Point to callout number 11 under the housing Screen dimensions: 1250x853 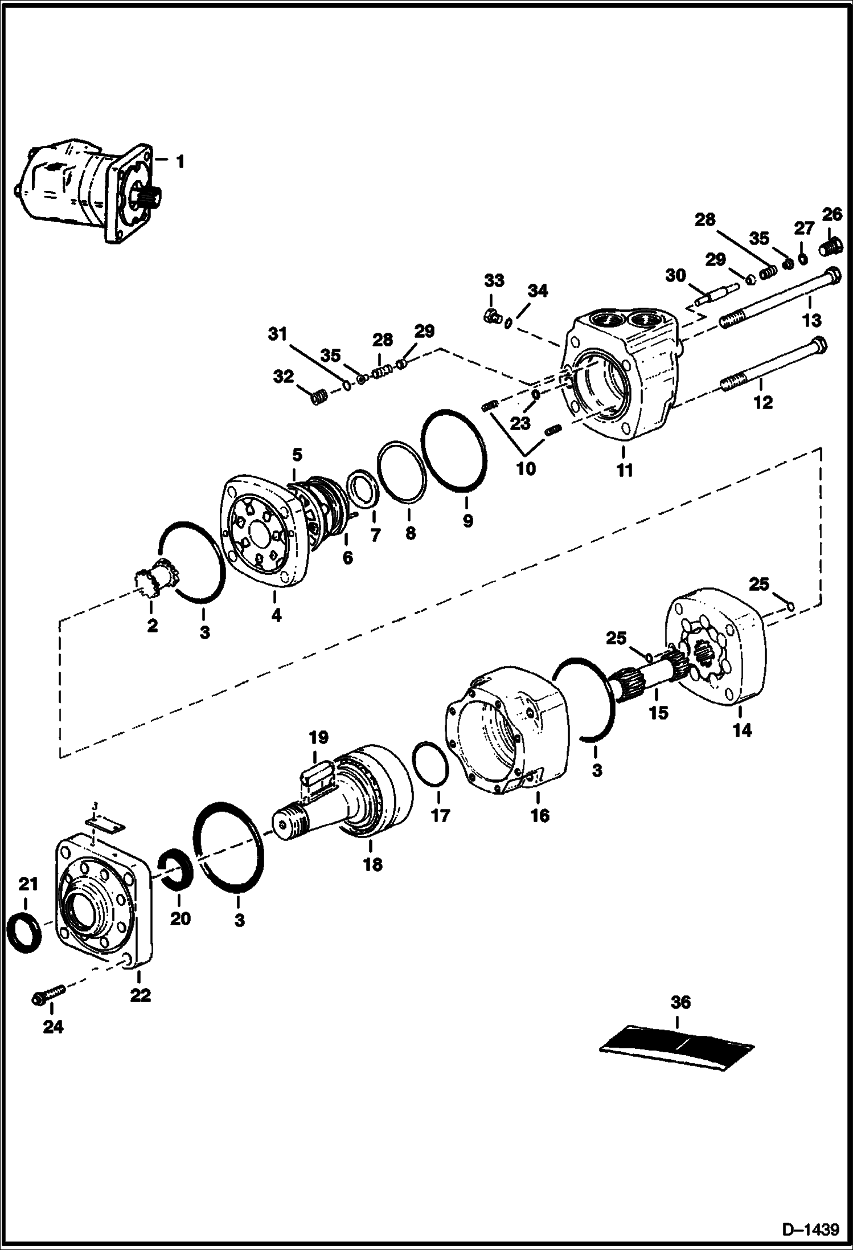tap(625, 471)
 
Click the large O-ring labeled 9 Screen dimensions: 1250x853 tap(454, 450)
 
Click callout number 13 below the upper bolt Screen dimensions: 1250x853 tap(811, 320)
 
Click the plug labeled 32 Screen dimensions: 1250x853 tap(319, 396)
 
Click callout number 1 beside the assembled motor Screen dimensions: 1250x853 tap(180, 162)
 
